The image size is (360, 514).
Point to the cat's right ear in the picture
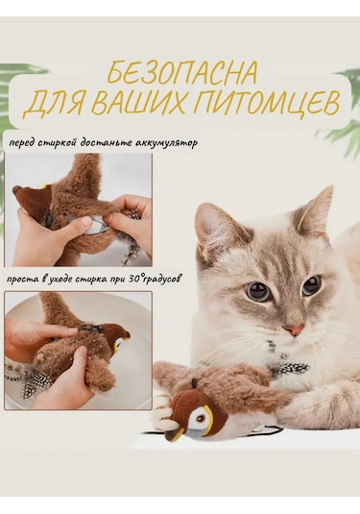click(316, 213)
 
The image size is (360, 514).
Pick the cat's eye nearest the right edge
click(311, 285)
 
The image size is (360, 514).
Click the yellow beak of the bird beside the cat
click(198, 430)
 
